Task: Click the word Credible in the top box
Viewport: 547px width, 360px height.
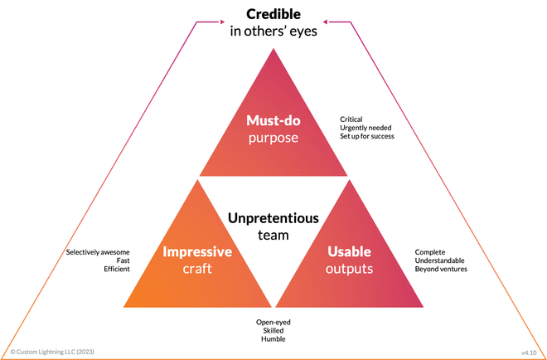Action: point(273,15)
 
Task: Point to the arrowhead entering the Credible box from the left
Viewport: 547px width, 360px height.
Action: point(221,21)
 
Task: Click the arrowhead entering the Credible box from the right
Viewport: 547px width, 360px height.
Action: point(325,21)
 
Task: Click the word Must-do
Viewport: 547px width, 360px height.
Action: point(273,119)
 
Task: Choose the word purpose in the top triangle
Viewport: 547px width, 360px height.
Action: point(273,137)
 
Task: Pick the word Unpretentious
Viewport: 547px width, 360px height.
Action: point(273,218)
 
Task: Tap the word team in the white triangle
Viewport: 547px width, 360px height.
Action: point(273,235)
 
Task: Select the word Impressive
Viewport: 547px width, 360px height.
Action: point(197,252)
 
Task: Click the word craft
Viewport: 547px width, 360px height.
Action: point(197,269)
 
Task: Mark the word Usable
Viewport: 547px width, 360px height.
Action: point(349,252)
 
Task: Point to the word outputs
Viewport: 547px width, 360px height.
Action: point(349,269)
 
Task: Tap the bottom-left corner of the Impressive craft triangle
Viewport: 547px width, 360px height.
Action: point(121,308)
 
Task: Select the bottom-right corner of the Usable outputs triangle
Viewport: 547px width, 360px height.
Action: point(425,308)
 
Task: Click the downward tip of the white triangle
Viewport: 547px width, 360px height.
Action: point(273,306)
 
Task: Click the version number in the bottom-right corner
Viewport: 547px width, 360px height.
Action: point(529,352)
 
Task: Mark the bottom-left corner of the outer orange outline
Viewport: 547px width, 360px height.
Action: point(3,357)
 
